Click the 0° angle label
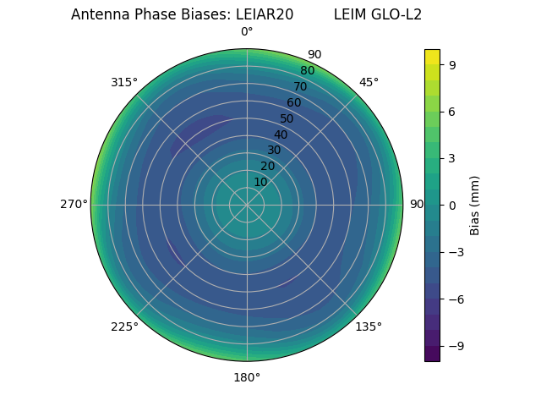coord(247,32)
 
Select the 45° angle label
coord(369,82)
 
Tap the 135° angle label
coord(369,326)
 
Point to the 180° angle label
coord(247,377)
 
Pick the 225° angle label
coord(124,327)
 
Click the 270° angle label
coord(74,204)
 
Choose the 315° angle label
coord(124,82)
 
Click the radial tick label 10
coord(260,182)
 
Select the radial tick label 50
coord(287,118)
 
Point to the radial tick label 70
coord(300,86)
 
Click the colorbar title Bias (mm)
coord(475,205)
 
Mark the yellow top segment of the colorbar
coord(432,57)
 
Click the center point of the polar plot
coord(247,205)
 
